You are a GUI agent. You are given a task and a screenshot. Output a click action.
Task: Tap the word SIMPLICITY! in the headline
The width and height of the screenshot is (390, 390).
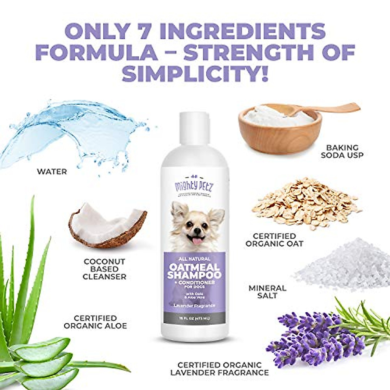coord(195,74)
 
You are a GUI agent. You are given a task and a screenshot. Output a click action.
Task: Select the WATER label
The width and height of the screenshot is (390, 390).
coord(52,171)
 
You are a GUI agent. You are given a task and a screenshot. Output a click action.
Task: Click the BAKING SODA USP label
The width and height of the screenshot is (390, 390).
coord(342,151)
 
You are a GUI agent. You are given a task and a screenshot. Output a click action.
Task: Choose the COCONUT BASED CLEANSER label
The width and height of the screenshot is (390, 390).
coord(104,269)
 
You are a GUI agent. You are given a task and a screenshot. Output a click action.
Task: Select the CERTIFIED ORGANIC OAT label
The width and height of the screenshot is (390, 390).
coord(274,240)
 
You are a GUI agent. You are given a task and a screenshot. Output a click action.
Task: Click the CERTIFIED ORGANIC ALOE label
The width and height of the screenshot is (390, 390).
coord(95,322)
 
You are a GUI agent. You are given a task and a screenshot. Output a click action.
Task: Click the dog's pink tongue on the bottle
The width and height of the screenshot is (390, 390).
coord(196,241)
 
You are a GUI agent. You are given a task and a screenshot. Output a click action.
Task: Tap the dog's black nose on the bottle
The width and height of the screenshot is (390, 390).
coord(197,230)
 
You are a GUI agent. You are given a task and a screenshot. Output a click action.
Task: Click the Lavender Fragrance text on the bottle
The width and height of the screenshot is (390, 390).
coord(194,305)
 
